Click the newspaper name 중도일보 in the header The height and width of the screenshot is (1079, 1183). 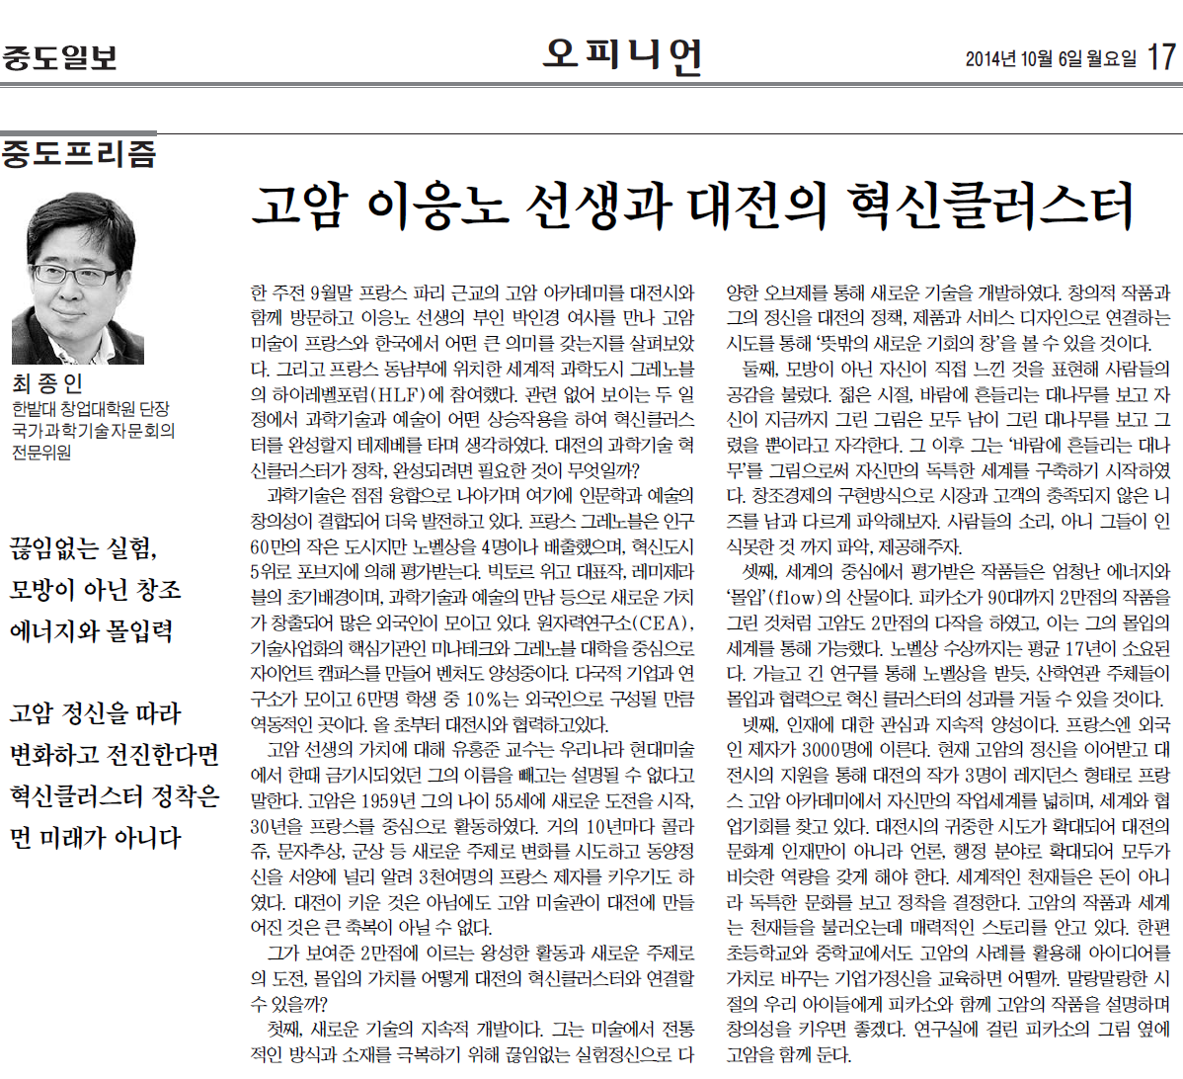[x=59, y=56]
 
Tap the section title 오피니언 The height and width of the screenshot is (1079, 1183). [x=622, y=53]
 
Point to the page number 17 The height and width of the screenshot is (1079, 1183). [x=1161, y=56]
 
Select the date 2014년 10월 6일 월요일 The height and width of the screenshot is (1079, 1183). [x=1051, y=59]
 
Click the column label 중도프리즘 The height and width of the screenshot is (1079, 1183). [x=79, y=153]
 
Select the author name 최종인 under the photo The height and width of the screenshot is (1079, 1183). [x=46, y=383]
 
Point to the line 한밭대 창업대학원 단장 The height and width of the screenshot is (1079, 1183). [x=90, y=409]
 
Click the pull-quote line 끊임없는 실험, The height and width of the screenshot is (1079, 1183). [x=83, y=548]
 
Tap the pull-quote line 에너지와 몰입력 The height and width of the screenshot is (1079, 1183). [x=91, y=630]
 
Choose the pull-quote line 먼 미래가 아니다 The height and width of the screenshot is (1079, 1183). [x=96, y=838]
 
